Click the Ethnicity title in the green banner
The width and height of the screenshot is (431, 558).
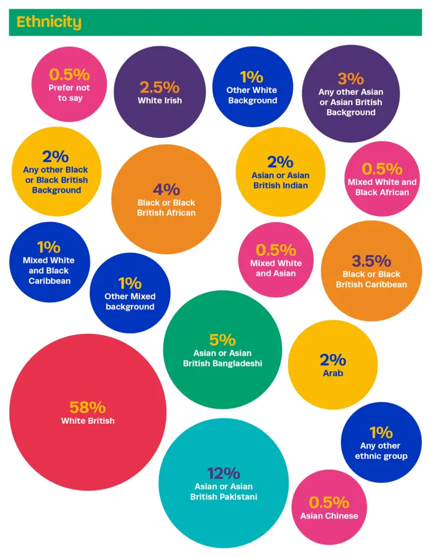click(49, 22)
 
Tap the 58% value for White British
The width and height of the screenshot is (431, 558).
click(87, 408)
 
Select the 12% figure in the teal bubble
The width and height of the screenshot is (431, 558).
click(224, 473)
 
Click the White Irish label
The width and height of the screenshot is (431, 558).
click(159, 101)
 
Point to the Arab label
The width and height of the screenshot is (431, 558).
click(333, 374)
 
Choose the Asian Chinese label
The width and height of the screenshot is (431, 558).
click(329, 516)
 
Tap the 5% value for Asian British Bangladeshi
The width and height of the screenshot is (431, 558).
click(222, 340)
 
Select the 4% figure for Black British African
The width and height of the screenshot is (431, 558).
click(166, 190)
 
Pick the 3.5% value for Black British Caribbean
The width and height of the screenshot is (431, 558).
click(371, 261)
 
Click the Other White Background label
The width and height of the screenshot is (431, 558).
click(252, 95)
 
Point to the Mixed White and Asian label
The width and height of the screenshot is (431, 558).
click(276, 268)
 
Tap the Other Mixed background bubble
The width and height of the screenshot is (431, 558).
click(130, 293)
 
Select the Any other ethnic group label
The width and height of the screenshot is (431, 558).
click(381, 451)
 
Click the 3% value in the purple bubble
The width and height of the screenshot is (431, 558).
click(350, 78)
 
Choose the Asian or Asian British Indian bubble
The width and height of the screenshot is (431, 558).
click(280, 171)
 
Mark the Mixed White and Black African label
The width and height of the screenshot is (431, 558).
click(382, 187)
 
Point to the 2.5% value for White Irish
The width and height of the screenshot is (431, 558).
click(159, 87)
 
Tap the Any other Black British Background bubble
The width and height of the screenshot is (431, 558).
click(56, 171)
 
